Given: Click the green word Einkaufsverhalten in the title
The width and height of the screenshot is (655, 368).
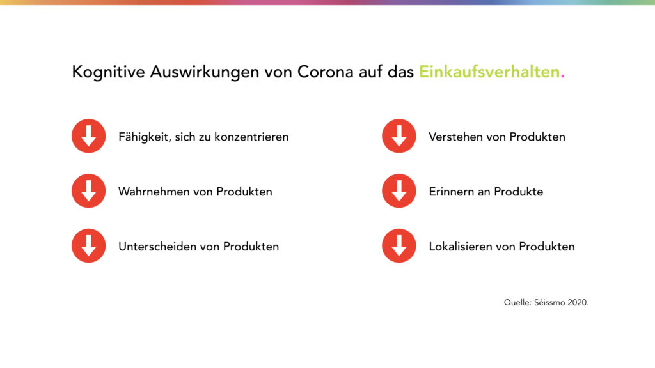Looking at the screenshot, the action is pos(489,72).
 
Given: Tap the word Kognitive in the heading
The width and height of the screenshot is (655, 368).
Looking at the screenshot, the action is pos(108,72).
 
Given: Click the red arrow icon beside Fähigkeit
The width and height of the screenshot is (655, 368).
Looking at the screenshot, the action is pos(88,136).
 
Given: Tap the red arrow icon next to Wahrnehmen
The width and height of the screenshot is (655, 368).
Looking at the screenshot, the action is pos(88,190).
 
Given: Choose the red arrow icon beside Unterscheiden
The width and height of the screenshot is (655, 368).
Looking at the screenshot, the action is pos(88,246).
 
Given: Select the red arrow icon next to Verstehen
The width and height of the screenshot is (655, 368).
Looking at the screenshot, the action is pos(399,136).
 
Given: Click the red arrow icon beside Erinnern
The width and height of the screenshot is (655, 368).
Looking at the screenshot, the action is pos(399,190).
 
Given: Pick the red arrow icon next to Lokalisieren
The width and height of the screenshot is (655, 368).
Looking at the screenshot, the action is pos(399,246).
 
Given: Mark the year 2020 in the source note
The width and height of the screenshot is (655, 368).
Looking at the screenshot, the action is pos(577,302).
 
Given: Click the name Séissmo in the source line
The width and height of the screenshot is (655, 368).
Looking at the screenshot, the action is pos(549,302).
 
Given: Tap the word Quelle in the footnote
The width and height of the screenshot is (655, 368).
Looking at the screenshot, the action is pos(516,302).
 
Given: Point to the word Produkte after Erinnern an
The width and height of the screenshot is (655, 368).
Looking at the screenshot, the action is pos(518,192).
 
